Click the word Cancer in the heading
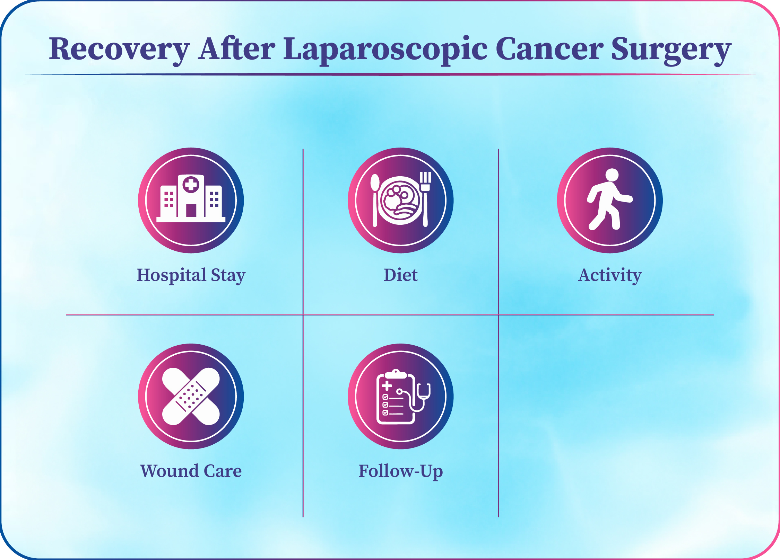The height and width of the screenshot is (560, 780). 549,49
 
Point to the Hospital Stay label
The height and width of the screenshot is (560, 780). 191,276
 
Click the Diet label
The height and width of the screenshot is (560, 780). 400,275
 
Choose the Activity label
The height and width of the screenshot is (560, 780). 610,276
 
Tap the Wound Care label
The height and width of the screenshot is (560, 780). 191,471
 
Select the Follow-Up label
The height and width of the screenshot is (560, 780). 400,472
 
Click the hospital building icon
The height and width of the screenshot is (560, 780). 191,198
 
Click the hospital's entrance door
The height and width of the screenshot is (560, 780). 191,211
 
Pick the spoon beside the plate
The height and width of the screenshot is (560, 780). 375,200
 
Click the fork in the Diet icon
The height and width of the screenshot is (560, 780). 425,199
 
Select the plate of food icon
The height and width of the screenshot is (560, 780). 400,201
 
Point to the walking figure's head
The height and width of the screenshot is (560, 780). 612,175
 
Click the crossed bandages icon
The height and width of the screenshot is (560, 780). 191,396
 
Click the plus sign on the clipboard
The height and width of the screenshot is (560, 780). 387,385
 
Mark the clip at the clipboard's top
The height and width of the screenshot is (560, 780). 396,374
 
